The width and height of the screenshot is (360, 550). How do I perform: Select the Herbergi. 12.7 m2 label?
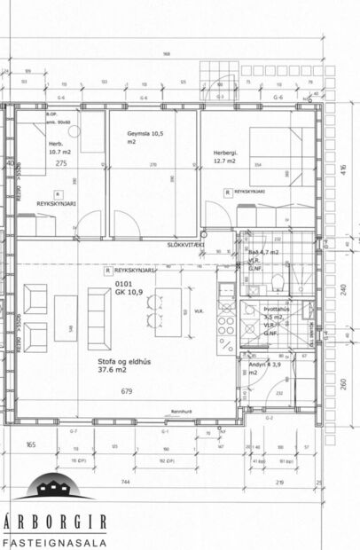click(x=224, y=156)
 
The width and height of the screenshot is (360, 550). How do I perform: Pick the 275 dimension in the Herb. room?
click(x=61, y=164)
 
